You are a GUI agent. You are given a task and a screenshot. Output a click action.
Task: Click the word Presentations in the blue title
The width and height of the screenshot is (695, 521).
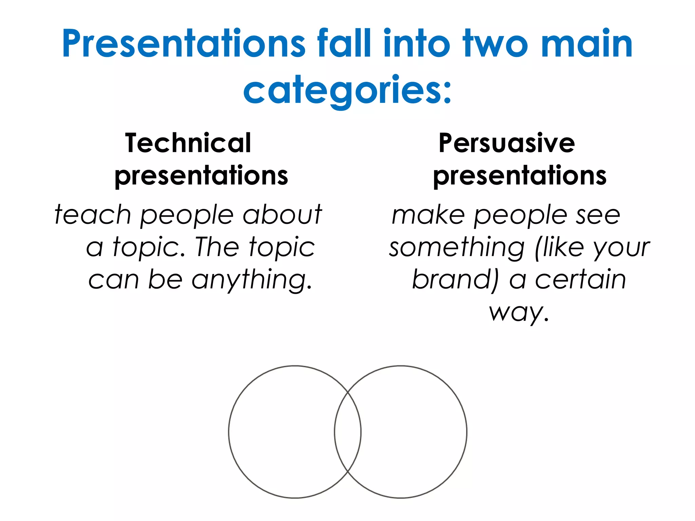point(184,44)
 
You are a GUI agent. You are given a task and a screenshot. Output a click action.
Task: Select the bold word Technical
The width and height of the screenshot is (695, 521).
point(188,143)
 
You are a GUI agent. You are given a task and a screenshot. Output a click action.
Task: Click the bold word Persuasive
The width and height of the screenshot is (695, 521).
point(507,143)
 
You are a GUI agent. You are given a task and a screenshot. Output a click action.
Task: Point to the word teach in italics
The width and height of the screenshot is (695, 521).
point(93,214)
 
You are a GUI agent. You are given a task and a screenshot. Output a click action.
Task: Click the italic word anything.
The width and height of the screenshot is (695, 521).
point(251,280)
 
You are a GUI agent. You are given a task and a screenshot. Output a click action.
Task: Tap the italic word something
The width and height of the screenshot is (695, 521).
point(457,248)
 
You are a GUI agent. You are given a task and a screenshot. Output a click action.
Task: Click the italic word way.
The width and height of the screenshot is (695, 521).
point(519,312)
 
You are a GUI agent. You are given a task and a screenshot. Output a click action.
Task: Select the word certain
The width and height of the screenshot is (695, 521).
point(580,279)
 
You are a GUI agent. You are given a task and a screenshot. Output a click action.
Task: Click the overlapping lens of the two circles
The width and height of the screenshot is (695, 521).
point(348,432)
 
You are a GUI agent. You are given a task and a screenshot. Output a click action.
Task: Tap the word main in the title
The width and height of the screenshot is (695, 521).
point(587,44)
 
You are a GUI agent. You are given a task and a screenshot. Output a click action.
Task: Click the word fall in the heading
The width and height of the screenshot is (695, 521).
point(344,44)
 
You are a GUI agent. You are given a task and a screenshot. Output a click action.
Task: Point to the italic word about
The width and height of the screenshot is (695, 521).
point(282,214)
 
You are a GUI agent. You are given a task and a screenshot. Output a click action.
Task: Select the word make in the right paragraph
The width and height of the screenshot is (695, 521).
point(428,215)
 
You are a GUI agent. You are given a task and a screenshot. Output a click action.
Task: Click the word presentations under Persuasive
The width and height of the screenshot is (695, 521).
point(520,176)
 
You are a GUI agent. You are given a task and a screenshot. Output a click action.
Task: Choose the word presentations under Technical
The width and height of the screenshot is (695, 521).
point(201,176)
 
